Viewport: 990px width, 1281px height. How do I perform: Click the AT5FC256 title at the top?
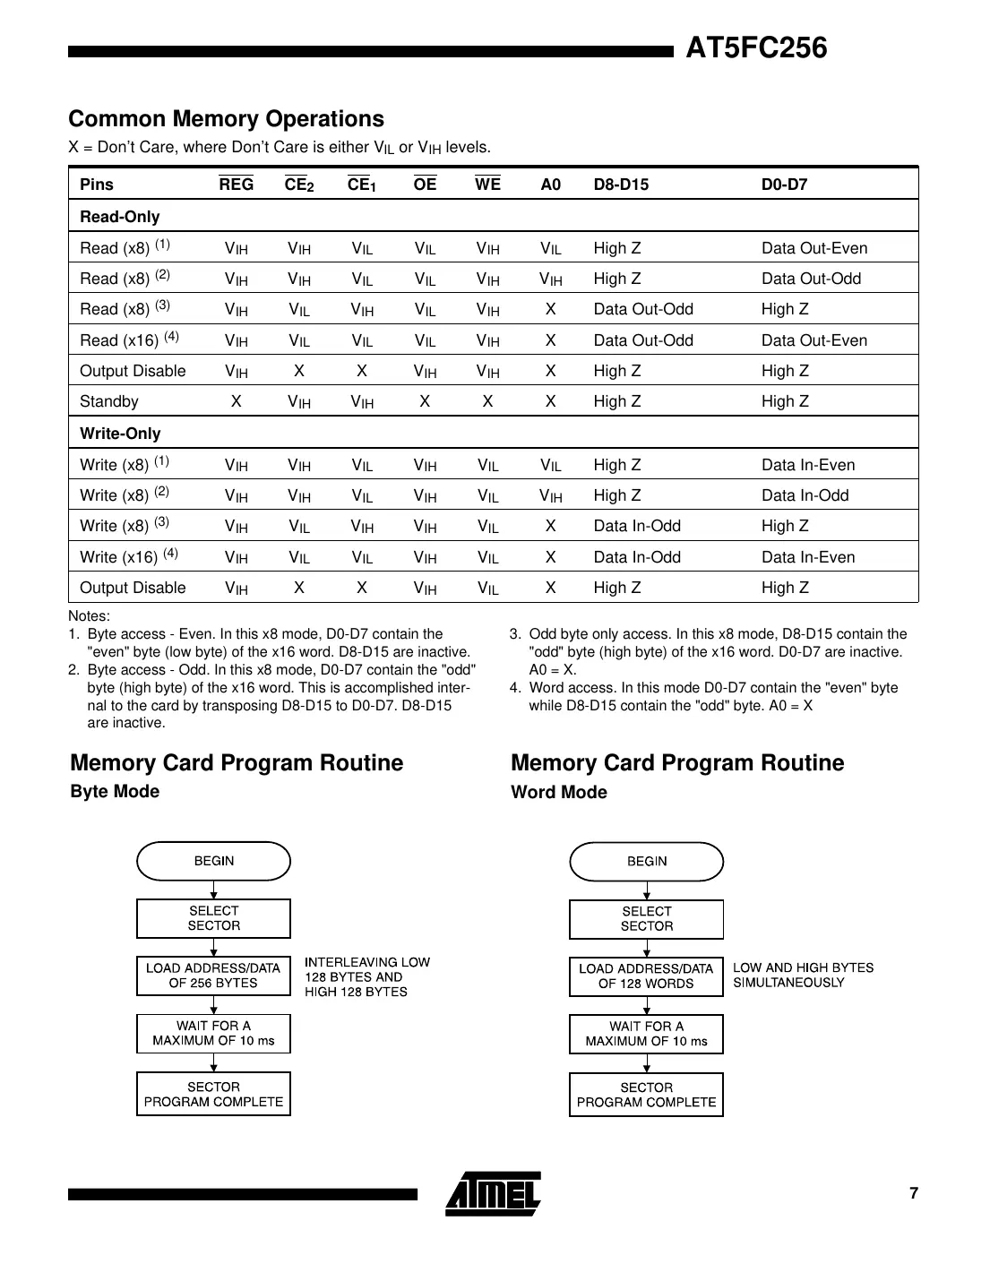tap(756, 47)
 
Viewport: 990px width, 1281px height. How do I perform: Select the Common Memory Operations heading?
tap(226, 119)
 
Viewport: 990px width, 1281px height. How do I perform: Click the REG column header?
tap(236, 185)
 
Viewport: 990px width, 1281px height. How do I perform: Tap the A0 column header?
tap(550, 185)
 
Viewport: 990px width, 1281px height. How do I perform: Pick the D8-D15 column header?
tap(621, 185)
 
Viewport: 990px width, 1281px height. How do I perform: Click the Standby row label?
tap(109, 401)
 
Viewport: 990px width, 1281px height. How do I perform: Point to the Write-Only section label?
tap(120, 434)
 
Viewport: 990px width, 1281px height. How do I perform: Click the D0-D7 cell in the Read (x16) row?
tap(814, 340)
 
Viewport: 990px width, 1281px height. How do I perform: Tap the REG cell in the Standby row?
tap(236, 401)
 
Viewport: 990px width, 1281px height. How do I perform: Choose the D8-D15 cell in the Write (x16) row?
tap(636, 557)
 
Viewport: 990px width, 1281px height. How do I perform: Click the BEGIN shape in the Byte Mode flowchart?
tap(213, 861)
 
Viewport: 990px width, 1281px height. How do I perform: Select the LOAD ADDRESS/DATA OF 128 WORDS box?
tap(646, 976)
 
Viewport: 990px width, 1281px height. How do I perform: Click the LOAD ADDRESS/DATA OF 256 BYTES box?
tap(213, 976)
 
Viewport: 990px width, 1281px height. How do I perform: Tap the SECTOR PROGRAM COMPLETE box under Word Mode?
tap(646, 1095)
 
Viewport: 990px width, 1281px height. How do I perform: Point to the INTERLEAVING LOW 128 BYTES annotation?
tap(366, 976)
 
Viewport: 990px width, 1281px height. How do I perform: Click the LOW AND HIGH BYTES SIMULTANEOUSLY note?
tap(802, 975)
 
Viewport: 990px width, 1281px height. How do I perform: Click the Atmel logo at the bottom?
tap(493, 1193)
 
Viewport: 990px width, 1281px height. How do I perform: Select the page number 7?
tap(913, 1193)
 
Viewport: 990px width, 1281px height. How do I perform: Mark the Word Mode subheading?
tap(558, 793)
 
